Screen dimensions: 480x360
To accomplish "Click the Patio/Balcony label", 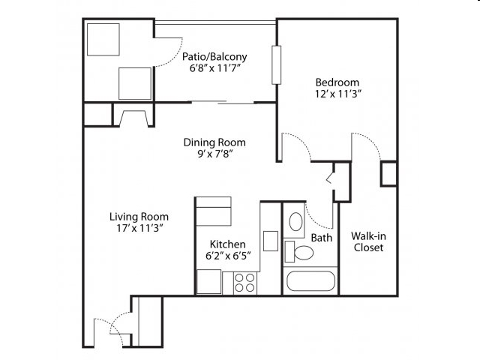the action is tap(214, 57).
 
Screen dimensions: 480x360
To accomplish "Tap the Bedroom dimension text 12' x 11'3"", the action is tap(337, 94).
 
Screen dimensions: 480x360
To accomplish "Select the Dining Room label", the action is tap(214, 142).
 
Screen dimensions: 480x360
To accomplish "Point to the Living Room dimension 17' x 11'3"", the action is tap(139, 228).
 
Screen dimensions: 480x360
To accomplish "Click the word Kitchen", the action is tap(227, 244).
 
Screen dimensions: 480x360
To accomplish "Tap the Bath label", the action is tap(321, 238).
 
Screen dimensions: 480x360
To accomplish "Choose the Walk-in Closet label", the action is tap(368, 241).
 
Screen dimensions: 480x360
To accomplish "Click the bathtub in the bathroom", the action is tap(310, 281).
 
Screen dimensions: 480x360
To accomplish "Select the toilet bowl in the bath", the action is tap(304, 253).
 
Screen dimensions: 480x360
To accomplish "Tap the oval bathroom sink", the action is tap(295, 221).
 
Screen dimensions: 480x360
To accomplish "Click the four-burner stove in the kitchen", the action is tap(244, 283).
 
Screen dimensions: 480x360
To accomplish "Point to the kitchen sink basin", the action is tap(271, 241).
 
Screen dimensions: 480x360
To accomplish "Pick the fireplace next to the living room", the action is tap(133, 118).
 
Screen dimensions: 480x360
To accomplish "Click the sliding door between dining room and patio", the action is tap(223, 102).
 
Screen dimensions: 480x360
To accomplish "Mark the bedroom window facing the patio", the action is tap(277, 65).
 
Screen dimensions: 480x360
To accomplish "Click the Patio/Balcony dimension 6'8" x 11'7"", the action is tap(214, 68).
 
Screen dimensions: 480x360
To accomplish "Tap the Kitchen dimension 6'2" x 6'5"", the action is tap(228, 255).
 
